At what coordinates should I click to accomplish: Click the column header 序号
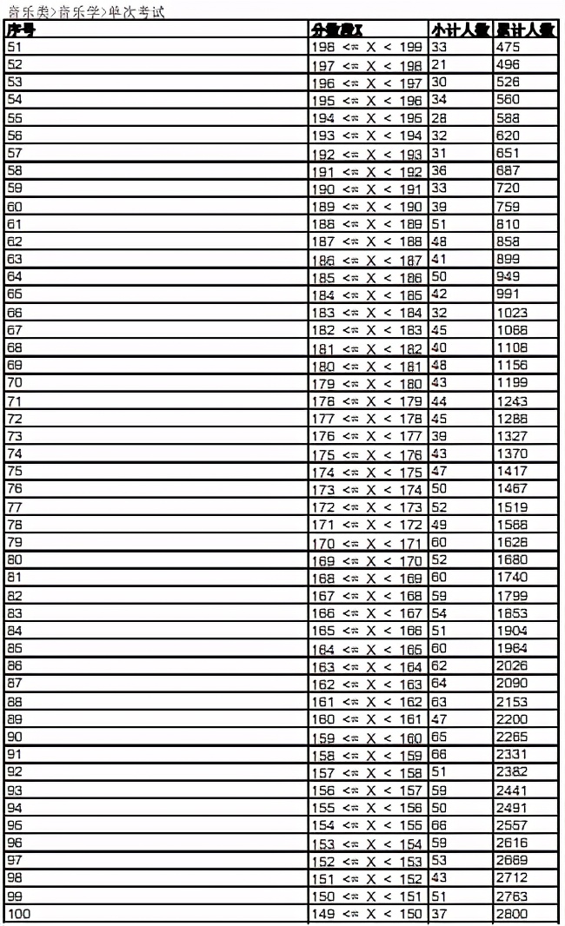pyautogui.click(x=21, y=30)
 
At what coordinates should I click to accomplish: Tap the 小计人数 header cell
pyautogui.click(x=460, y=30)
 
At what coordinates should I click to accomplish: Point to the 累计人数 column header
pyautogui.click(x=526, y=30)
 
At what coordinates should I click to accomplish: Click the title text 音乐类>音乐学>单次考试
pyautogui.click(x=85, y=12)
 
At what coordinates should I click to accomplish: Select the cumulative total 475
pyautogui.click(x=508, y=47)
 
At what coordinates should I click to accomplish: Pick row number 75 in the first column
pyautogui.click(x=15, y=471)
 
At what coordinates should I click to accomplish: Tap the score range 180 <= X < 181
pyautogui.click(x=366, y=365)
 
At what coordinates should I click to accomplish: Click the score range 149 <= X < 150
pyautogui.click(x=366, y=913)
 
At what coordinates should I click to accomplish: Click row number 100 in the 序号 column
pyautogui.click(x=18, y=913)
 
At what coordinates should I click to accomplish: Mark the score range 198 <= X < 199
pyautogui.click(x=366, y=47)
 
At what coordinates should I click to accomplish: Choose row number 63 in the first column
pyautogui.click(x=15, y=259)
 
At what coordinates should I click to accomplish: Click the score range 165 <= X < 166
pyautogui.click(x=366, y=631)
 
